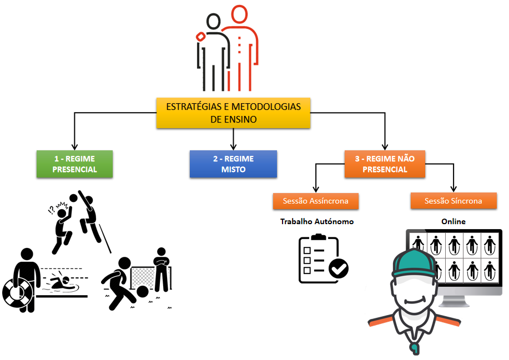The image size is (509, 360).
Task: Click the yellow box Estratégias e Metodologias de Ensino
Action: click(233, 113)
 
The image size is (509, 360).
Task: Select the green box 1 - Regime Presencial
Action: click(74, 164)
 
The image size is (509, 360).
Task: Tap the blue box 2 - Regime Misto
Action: click(233, 164)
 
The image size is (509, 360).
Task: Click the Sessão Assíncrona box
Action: click(315, 201)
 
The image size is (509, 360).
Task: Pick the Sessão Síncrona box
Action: click(453, 201)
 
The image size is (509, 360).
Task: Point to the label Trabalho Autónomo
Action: click(316, 221)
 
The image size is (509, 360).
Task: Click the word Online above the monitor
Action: click(453, 221)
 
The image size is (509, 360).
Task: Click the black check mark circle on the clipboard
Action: click(338, 269)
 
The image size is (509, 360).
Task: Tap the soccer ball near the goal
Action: click(142, 291)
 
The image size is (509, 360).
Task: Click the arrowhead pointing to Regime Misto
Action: click(233, 146)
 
